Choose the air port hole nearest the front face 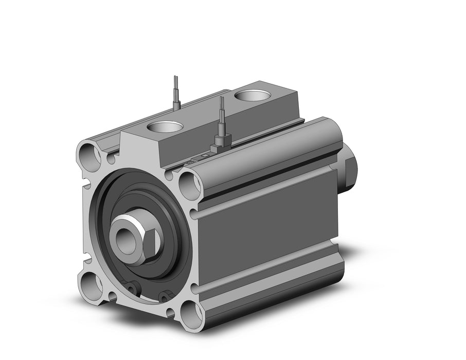point(165,128)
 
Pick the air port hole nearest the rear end point(253,96)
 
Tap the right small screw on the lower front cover point(165,296)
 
